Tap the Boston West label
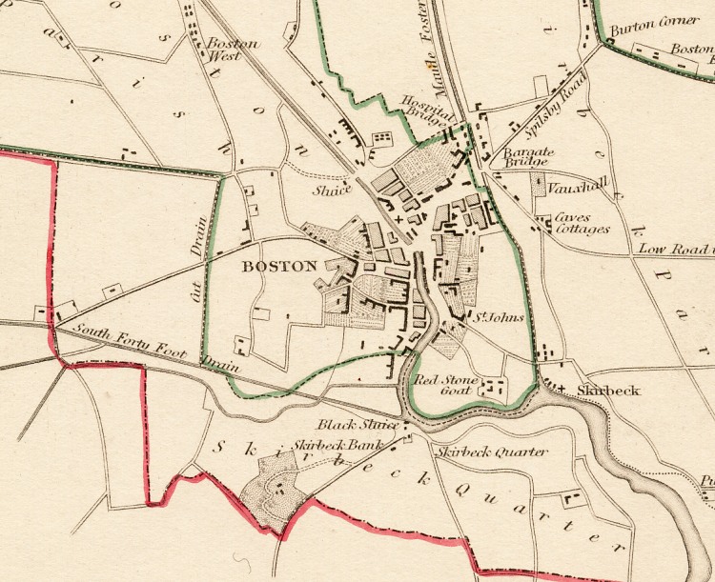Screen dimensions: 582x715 click(225, 50)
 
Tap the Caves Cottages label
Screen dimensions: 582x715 click(582, 223)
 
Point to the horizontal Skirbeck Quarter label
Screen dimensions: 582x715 click(492, 452)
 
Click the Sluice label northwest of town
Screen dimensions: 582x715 click(333, 190)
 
